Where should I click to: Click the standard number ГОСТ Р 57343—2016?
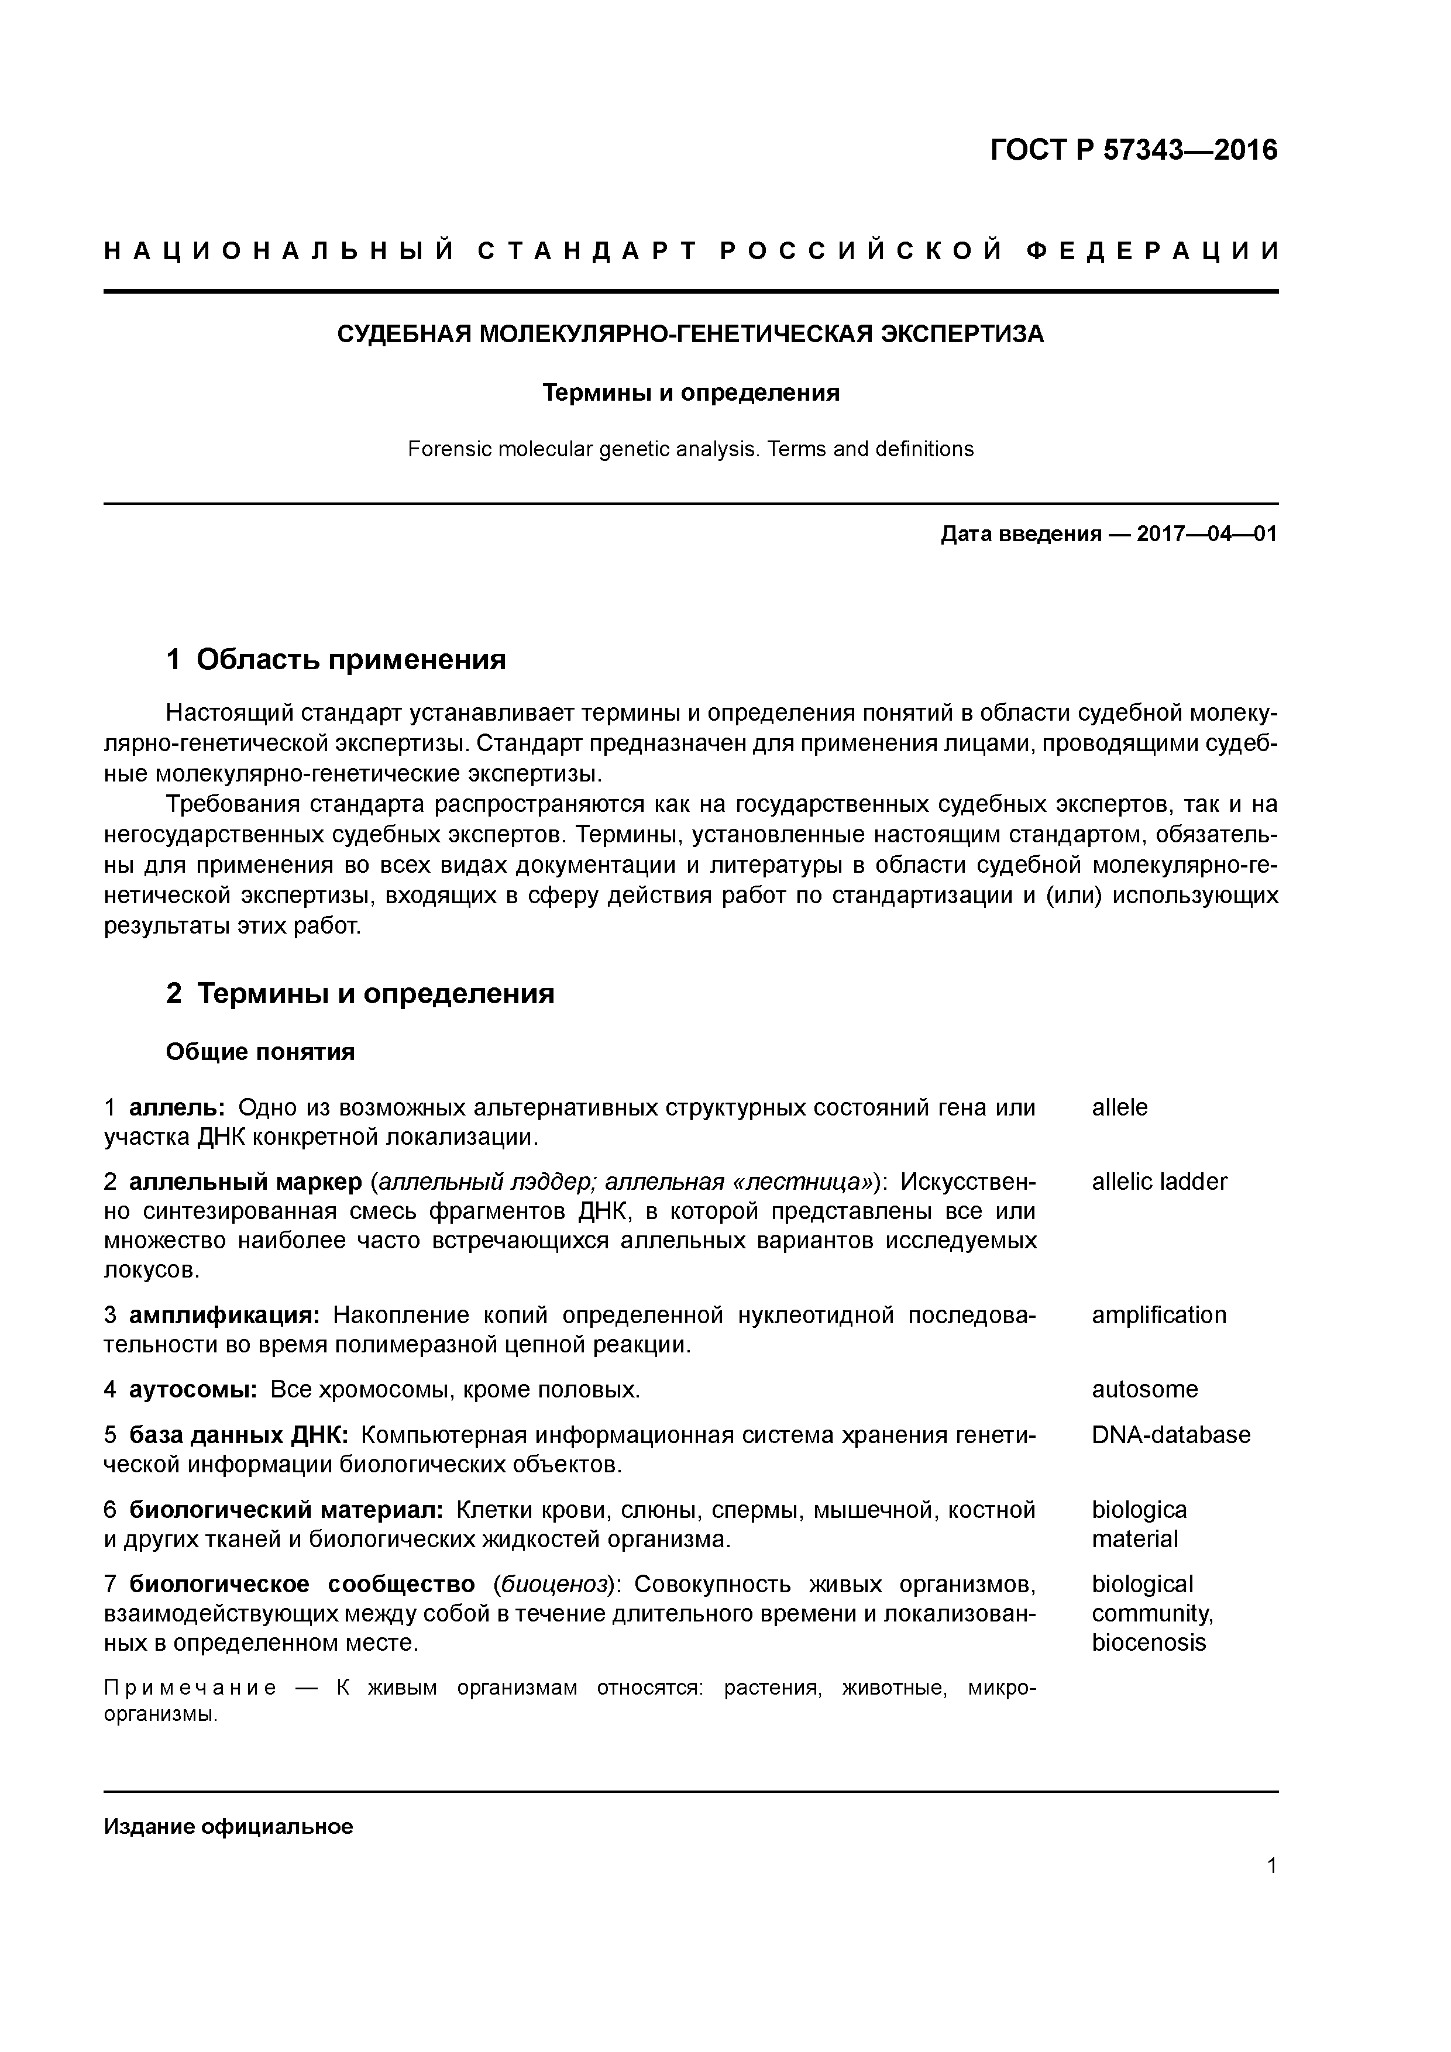1134,150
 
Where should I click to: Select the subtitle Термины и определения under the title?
690,393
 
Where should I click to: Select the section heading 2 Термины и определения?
359,994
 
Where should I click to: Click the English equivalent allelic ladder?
1158,1182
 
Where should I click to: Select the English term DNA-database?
1170,1435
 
